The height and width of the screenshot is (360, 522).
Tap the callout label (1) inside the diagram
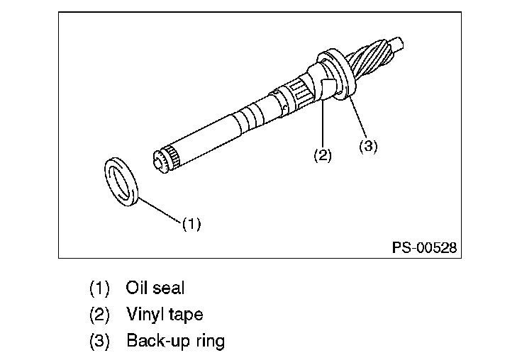(x=191, y=224)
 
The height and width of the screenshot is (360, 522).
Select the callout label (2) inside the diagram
(x=323, y=155)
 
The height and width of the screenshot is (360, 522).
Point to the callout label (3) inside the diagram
(x=368, y=146)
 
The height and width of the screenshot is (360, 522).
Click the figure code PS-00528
(x=424, y=247)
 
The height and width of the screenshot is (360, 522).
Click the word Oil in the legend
(x=136, y=288)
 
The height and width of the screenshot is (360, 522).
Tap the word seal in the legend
(x=168, y=288)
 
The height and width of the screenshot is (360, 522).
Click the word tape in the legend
(x=186, y=315)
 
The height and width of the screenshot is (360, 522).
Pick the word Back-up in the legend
(x=158, y=341)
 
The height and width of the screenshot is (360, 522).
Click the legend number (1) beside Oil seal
(x=99, y=288)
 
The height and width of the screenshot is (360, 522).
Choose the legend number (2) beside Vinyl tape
(x=99, y=315)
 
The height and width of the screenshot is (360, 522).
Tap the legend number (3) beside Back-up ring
(x=99, y=341)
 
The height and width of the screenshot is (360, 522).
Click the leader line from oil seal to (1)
(x=160, y=209)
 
